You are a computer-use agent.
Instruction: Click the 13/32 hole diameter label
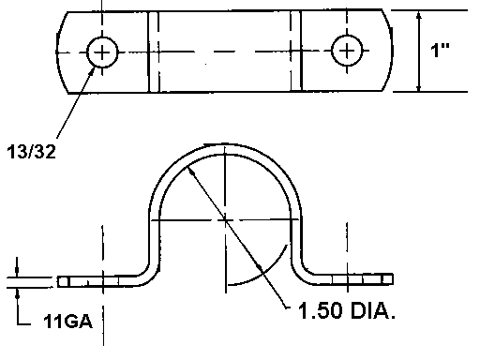tap(31, 152)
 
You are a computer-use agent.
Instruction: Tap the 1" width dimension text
tap(440, 50)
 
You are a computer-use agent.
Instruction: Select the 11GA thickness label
tap(67, 322)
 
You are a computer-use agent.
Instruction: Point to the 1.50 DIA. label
tap(347, 310)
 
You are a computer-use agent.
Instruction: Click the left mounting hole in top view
tap(102, 52)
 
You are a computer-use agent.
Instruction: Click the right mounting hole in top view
tap(347, 51)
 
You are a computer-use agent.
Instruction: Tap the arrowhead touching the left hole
tap(92, 70)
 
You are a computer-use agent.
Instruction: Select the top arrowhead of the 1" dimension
tap(419, 16)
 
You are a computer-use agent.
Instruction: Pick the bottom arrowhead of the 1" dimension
tap(419, 87)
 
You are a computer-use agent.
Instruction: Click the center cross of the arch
tap(225, 220)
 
